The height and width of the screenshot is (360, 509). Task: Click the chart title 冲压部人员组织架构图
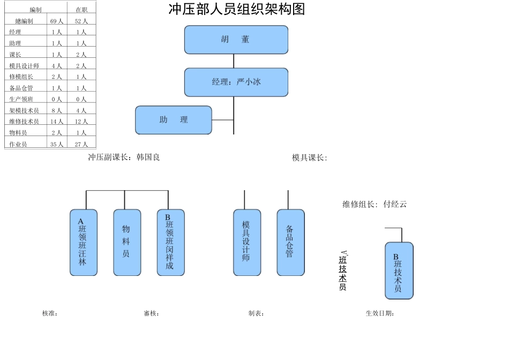coord(236,10)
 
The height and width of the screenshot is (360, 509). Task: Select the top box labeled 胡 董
coord(236,40)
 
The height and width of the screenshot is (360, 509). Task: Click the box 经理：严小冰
coord(236,82)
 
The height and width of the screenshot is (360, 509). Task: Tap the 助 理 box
coord(173,120)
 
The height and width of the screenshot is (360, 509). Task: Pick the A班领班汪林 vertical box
coord(84,242)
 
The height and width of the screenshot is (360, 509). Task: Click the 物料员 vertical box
coord(127,242)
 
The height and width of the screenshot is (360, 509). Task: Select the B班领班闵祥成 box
coord(170,242)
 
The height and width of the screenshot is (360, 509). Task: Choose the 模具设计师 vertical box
coord(247,242)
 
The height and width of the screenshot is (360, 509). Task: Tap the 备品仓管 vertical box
coord(290,242)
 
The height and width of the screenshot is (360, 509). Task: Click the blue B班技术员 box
coord(399,271)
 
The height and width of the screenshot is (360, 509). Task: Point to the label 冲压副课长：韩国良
coord(124,157)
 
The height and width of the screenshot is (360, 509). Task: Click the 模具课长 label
coord(309,157)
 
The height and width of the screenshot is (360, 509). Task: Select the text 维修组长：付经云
coord(375,204)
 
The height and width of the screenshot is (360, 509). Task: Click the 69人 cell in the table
coord(57,21)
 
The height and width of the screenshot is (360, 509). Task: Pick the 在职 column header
coord(81,10)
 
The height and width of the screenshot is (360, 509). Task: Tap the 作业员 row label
coord(18,144)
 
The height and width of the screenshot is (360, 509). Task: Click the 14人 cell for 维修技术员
coord(57,122)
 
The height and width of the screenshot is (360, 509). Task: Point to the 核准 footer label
coord(50,313)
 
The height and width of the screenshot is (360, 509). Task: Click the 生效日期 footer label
coord(380,313)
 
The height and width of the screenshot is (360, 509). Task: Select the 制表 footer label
coord(256,313)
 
